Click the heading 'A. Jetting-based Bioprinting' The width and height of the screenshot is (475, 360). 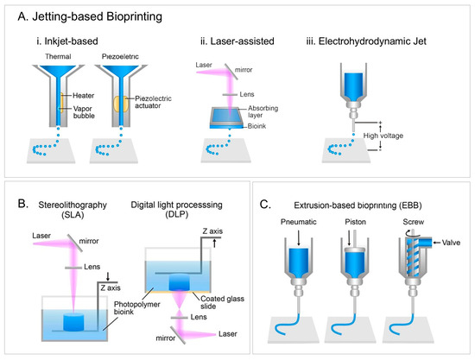[x=90, y=16]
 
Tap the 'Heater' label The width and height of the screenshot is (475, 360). [x=83, y=96]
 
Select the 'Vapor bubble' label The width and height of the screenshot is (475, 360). [x=84, y=112]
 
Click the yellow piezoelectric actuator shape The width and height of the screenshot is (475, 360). [x=121, y=104]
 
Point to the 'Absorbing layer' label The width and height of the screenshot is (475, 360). [x=263, y=111]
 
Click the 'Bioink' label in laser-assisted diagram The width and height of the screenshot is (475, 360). [x=256, y=126]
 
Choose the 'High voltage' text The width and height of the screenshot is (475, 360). [x=383, y=136]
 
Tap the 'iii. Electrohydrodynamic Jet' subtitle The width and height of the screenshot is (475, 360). [x=366, y=41]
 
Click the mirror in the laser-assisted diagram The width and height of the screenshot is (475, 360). [x=231, y=72]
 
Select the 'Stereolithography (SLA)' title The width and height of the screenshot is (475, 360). [x=73, y=210]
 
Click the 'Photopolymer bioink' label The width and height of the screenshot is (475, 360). [x=137, y=308]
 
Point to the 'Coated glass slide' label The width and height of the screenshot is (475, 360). [x=222, y=302]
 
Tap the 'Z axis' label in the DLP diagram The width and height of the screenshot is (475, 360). [x=212, y=231]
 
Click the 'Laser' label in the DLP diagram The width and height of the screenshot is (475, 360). [x=228, y=334]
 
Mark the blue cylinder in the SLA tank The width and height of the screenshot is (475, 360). [x=73, y=322]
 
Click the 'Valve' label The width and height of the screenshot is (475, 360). [x=451, y=243]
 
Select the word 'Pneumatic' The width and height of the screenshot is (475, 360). [x=299, y=222]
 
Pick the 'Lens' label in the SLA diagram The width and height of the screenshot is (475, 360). [x=92, y=267]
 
